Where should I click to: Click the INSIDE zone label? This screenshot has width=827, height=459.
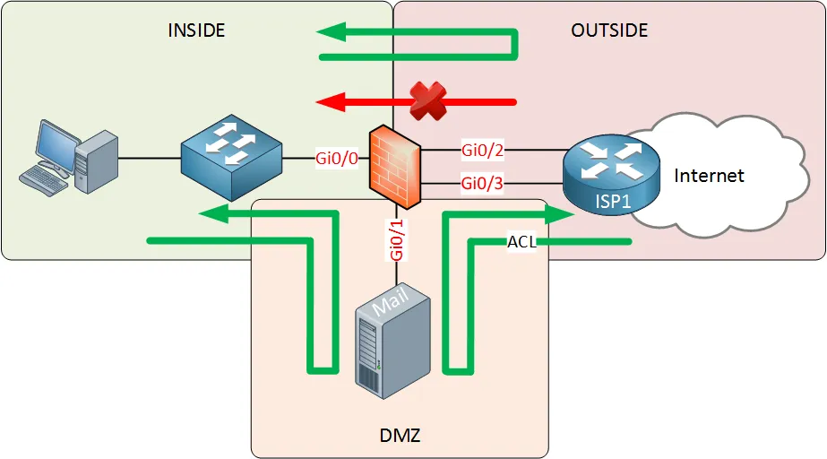[x=196, y=30]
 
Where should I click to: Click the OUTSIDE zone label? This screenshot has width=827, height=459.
[x=608, y=30]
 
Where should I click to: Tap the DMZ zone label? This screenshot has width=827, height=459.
[x=394, y=436]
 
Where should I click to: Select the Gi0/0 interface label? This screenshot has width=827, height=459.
[x=336, y=159]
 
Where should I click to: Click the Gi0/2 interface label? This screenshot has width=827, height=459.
[x=483, y=149]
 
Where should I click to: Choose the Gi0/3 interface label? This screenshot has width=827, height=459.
[x=483, y=183]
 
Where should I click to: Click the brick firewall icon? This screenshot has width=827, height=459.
[x=395, y=165]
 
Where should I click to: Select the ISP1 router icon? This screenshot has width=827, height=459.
[x=609, y=171]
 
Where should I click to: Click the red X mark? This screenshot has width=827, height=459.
[x=428, y=100]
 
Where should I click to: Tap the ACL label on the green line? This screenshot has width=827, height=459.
[x=521, y=241]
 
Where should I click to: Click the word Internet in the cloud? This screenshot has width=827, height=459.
[x=709, y=175]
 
